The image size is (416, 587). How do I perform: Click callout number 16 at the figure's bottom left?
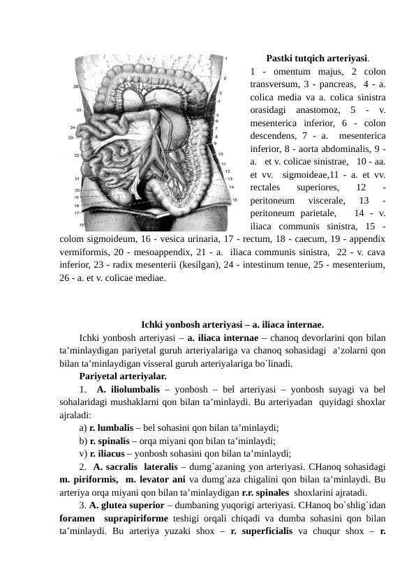point(82,225)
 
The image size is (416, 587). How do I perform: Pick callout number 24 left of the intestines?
point(73,128)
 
